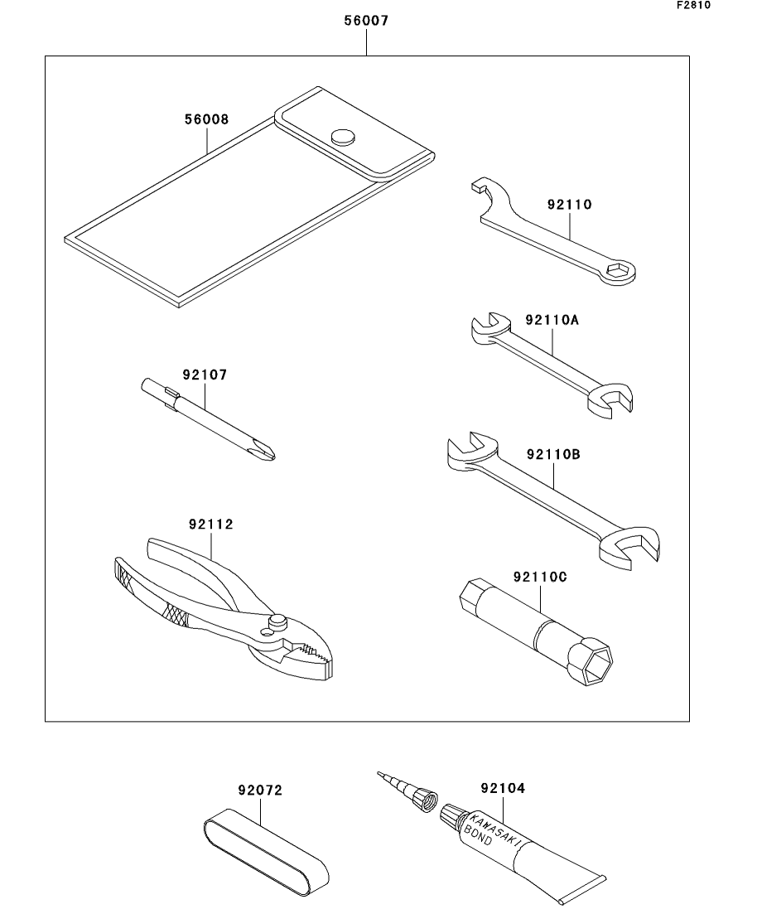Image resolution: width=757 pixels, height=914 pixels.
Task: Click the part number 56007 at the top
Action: pos(366,22)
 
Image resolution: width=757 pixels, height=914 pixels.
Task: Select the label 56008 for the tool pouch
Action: pos(206,119)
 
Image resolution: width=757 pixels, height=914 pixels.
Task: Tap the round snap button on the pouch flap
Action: pos(341,136)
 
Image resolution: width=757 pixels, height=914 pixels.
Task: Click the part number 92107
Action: pos(205,375)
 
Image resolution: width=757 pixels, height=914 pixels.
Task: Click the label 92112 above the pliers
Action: pos(210,524)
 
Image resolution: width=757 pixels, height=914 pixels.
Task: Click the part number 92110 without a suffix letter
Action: pos(569,204)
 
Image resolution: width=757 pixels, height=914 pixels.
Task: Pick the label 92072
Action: pos(259,791)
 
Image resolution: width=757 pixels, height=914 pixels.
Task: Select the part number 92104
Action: pos(502,789)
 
